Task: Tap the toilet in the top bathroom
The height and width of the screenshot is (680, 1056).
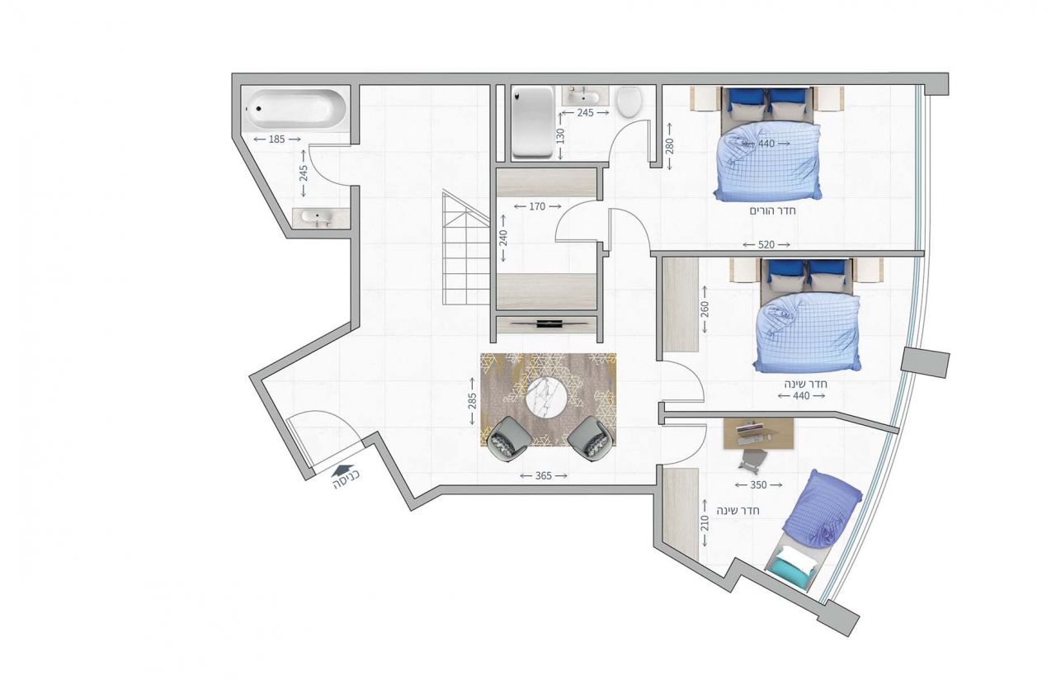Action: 629,102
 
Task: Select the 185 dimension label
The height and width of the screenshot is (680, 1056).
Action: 276,139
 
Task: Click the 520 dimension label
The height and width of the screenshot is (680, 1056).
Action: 766,245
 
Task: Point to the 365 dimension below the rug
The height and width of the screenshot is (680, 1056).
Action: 543,476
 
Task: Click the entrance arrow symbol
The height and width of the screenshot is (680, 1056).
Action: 343,470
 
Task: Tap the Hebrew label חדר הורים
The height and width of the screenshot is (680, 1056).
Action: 773,210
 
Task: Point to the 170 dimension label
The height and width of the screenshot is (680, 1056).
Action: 537,206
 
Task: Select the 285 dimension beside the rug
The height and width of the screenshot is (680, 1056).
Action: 473,400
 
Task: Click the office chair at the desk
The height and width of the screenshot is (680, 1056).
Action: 752,460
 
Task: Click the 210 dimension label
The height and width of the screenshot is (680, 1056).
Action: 705,522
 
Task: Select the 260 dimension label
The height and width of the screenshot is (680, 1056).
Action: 705,309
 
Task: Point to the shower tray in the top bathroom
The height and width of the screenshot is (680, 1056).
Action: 533,123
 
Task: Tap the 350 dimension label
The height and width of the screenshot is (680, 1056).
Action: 758,484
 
